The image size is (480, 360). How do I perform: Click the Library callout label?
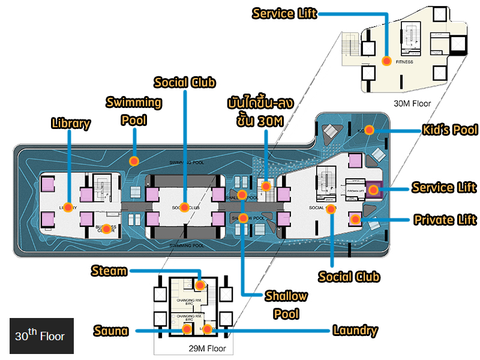71,124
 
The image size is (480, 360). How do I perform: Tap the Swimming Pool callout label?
133,110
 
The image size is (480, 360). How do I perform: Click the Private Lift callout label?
445,220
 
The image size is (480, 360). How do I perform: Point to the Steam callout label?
109,271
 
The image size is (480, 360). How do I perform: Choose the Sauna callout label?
112,331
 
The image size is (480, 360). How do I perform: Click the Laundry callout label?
355,331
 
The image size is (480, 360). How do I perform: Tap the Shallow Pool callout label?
286,305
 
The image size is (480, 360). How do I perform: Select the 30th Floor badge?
41,335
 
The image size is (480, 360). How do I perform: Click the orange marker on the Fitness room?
387,61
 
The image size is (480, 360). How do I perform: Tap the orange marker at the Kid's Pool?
370,130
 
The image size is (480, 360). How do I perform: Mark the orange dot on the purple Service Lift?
373,190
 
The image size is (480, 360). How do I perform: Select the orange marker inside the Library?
68,208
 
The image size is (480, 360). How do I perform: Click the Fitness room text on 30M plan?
404,62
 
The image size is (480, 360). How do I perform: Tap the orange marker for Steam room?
200,285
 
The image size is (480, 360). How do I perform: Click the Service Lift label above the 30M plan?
284,13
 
